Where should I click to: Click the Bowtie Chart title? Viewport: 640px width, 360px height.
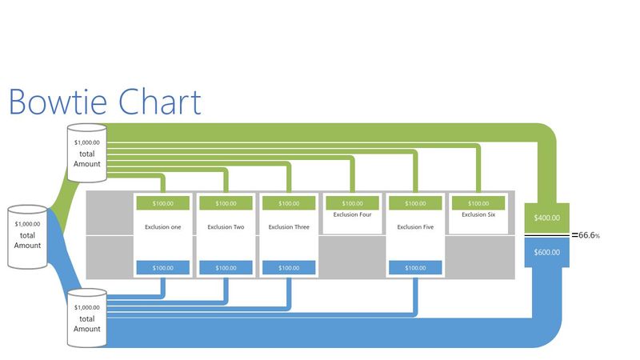click(104, 102)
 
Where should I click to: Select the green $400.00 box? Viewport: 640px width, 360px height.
click(546, 218)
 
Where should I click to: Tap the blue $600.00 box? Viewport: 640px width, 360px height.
click(546, 252)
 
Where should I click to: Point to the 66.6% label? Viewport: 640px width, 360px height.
click(589, 235)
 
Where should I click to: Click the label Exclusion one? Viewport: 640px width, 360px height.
click(162, 227)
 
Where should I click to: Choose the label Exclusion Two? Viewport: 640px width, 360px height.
click(226, 227)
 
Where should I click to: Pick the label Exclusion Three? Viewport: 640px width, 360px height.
click(289, 227)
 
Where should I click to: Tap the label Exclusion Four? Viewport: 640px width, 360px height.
click(352, 214)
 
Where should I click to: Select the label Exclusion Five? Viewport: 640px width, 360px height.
click(415, 227)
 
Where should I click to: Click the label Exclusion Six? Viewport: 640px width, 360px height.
click(478, 214)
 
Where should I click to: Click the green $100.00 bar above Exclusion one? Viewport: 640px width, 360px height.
click(162, 203)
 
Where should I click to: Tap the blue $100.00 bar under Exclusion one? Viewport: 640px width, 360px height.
click(162, 268)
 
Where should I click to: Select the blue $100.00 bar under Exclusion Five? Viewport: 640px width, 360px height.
click(415, 268)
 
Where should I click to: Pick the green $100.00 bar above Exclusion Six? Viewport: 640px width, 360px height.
click(478, 203)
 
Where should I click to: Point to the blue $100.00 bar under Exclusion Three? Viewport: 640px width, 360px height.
click(289, 268)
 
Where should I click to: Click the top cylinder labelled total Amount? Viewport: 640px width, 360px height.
click(87, 148)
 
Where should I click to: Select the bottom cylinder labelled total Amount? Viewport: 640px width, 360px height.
click(87, 317)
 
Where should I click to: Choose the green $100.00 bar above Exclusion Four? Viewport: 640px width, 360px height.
click(352, 203)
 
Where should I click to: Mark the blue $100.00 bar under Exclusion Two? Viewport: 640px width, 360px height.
click(226, 268)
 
